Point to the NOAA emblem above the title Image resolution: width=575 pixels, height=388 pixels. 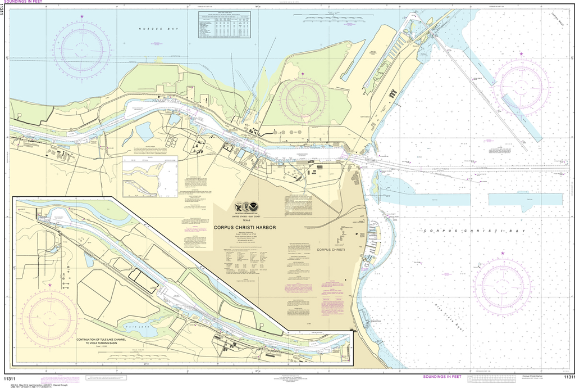(255, 207)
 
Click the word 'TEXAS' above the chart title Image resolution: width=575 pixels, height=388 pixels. (248, 220)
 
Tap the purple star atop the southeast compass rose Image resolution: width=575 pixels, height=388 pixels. (502, 255)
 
